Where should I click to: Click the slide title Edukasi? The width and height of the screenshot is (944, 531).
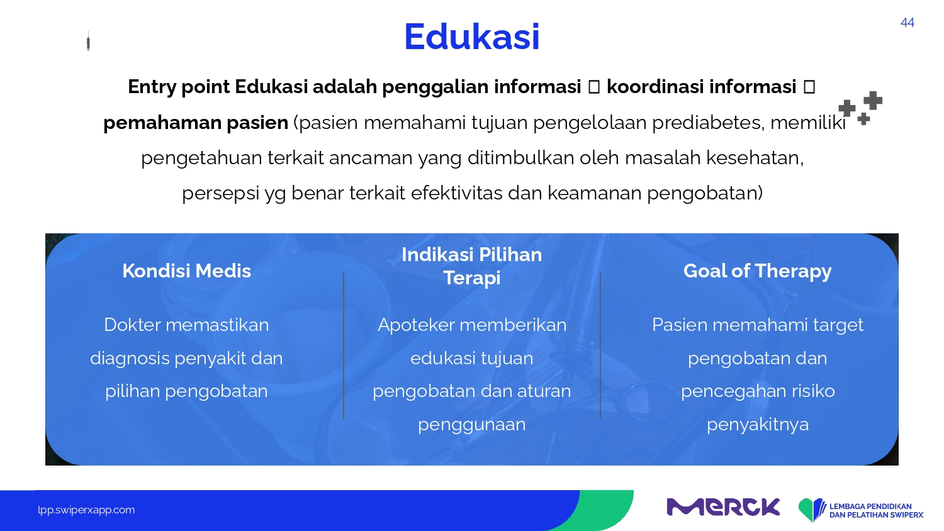[x=471, y=36]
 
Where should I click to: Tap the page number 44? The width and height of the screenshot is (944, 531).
[x=907, y=23]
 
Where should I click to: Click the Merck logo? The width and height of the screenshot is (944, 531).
[x=723, y=506]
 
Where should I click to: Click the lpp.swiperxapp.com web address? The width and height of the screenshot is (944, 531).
[x=86, y=510]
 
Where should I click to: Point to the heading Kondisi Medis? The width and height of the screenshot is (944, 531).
[x=186, y=271]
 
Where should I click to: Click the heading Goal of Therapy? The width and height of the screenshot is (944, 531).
[x=757, y=271]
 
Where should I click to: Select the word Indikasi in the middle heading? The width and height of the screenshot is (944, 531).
[x=437, y=255]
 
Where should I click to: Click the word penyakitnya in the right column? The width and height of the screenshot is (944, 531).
[x=758, y=425]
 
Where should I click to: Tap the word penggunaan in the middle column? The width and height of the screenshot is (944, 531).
[x=471, y=425]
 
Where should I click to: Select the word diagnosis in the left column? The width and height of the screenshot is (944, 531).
[x=130, y=359]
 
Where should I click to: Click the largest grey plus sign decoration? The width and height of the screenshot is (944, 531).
[x=873, y=100]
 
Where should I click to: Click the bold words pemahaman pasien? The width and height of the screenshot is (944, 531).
[x=196, y=123]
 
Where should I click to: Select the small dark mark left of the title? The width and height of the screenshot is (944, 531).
[x=88, y=41]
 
